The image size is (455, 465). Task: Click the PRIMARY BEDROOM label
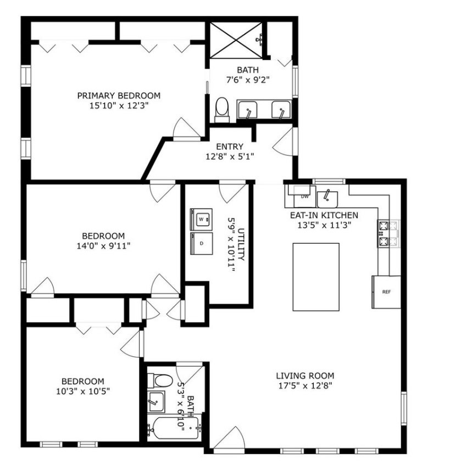(119, 96)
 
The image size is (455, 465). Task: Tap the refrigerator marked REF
(386, 292)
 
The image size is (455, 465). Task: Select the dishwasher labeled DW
(304, 197)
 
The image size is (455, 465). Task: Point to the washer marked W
(201, 220)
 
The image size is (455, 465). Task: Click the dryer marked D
(201, 243)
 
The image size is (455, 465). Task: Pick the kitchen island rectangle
(316, 277)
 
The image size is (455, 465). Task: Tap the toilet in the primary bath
(222, 110)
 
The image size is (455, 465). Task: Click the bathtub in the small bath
(175, 429)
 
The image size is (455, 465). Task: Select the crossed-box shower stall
(236, 40)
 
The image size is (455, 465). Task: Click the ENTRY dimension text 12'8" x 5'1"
(230, 156)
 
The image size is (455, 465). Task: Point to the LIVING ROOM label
(305, 376)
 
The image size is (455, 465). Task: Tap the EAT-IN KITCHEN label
(324, 215)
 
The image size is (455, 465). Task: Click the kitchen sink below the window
(328, 199)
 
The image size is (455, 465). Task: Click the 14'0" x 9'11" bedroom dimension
(104, 246)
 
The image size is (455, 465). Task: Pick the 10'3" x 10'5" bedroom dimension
(83, 391)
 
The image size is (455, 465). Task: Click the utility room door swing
(232, 193)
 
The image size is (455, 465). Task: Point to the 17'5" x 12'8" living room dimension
(305, 386)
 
